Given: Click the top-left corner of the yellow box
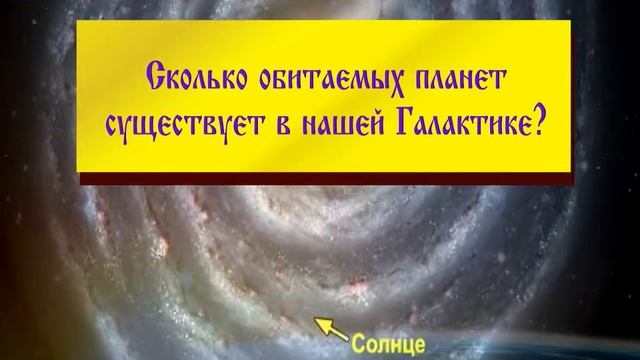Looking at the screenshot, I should (x=80, y=21).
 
